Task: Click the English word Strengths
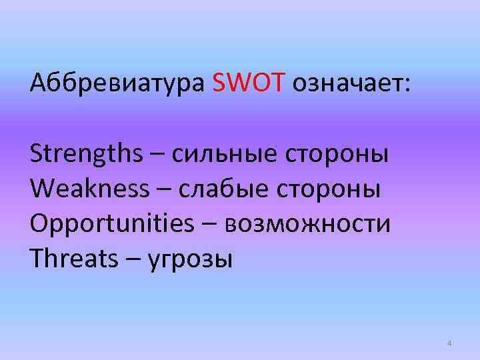(x=86, y=155)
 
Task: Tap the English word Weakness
(x=90, y=190)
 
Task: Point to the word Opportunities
(x=111, y=225)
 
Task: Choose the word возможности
(x=307, y=225)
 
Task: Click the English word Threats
(x=73, y=259)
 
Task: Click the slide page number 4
(x=449, y=343)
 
